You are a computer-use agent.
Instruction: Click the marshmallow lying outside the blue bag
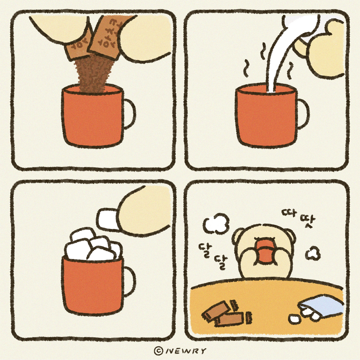click(x=294, y=319)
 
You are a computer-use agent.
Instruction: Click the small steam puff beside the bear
click(x=313, y=254)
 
